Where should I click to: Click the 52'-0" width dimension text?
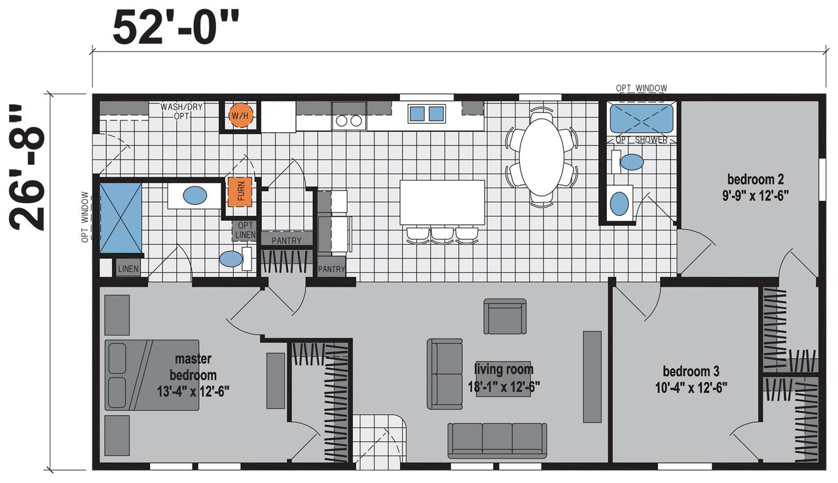coord(175,27)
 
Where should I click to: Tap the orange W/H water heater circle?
coord(240,116)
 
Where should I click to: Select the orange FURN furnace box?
coord(240,192)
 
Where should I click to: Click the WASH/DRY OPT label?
coord(181,111)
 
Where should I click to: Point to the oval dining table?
coord(541,156)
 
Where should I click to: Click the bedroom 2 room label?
coord(756,188)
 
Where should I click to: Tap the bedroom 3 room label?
coord(691,380)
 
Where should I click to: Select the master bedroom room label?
coord(193,375)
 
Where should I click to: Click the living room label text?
coord(503,378)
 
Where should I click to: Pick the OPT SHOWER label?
coord(641,140)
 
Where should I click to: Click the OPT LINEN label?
coord(245,230)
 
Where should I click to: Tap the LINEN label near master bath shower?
coord(128,269)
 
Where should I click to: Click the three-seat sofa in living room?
coord(497,440)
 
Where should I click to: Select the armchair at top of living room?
coord(505,316)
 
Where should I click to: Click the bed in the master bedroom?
coord(151,375)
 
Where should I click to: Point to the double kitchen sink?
coord(426,114)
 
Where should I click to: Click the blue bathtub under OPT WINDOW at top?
coord(642,118)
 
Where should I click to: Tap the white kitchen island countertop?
coord(442,202)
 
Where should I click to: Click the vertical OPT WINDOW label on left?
coord(85,217)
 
